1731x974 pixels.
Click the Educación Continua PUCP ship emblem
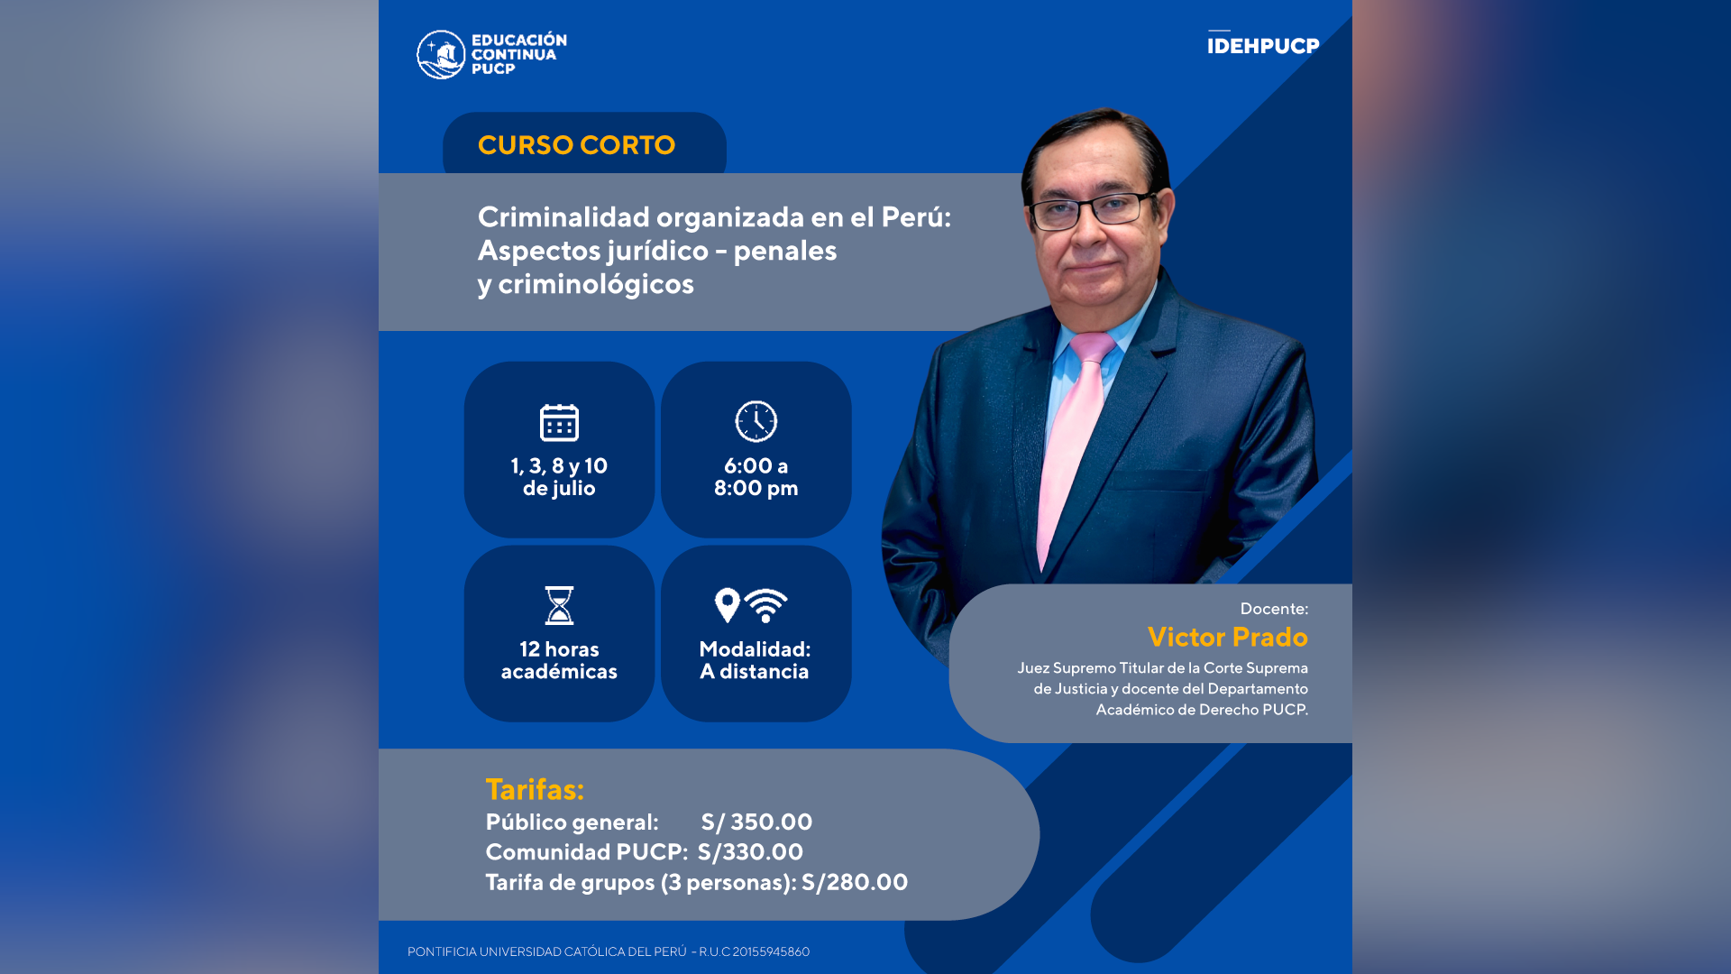click(441, 54)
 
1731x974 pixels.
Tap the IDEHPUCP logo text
click(1263, 45)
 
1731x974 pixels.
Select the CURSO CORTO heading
click(576, 145)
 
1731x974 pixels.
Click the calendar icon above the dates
click(559, 422)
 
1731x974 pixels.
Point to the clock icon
click(756, 421)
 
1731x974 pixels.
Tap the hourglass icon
click(559, 605)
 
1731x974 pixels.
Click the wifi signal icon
click(766, 605)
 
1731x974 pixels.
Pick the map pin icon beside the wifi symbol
click(727, 605)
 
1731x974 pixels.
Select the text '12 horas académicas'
click(559, 660)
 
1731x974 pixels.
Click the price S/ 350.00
click(757, 822)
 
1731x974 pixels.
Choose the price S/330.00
click(750, 852)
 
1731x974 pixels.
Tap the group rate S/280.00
click(855, 882)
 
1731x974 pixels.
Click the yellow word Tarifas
click(535, 789)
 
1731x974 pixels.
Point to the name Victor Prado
click(1227, 637)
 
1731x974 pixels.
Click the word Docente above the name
click(1274, 609)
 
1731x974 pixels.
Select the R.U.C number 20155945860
click(771, 951)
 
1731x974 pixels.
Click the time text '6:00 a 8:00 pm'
click(756, 477)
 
